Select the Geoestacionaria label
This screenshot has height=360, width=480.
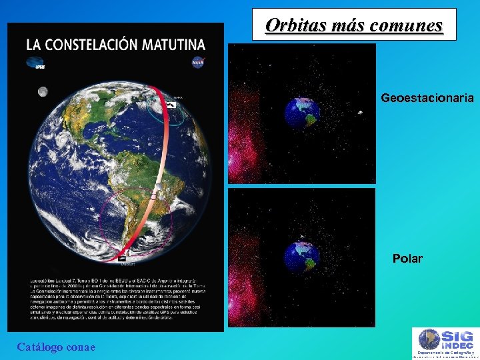click(427, 98)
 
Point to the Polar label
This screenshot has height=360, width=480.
click(407, 259)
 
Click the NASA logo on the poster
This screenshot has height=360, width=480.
click(197, 63)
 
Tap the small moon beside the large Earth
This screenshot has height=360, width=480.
click(43, 91)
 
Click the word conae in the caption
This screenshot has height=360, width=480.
click(82, 347)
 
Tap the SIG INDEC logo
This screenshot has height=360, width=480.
click(443, 343)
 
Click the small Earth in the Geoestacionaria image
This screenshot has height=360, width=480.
click(302, 113)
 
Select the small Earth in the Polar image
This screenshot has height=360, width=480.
click(301, 257)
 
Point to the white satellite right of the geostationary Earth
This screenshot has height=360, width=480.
click(360, 112)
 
